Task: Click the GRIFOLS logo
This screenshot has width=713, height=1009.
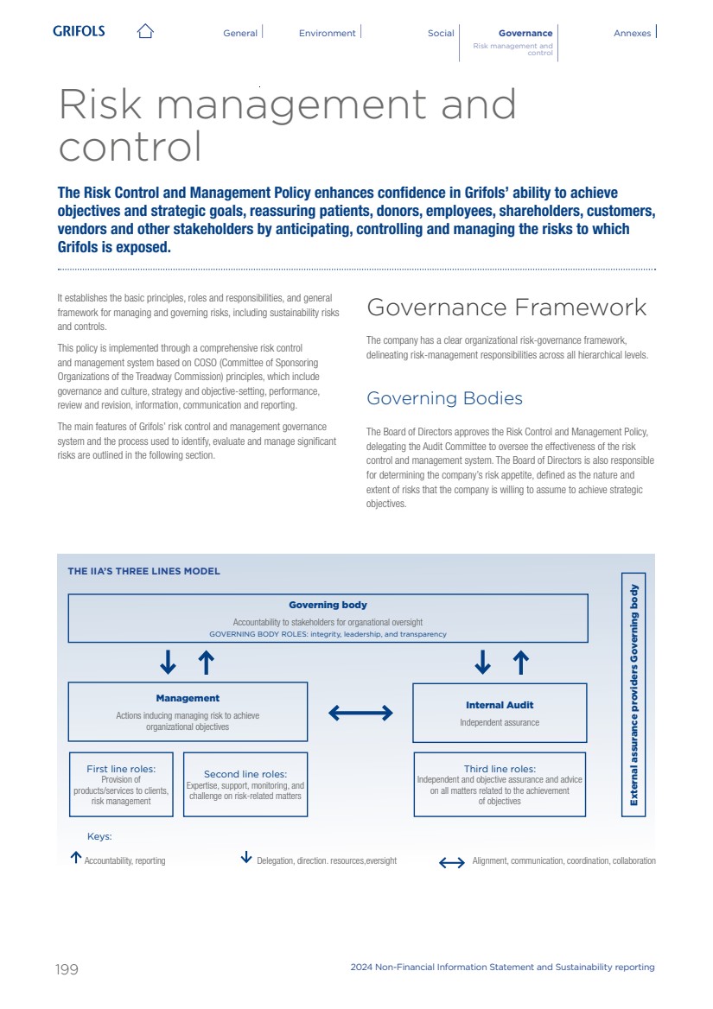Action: [x=79, y=31]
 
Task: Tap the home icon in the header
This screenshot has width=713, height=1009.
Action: [x=145, y=31]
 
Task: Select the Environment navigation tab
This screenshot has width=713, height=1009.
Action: [x=327, y=33]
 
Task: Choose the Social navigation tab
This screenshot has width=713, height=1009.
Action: [x=441, y=33]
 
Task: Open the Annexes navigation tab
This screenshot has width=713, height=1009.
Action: [x=632, y=33]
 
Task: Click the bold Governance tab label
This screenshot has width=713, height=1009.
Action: [x=525, y=33]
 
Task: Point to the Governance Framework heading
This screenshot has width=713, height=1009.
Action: [x=506, y=308]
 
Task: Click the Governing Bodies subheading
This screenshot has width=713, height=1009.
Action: [x=444, y=398]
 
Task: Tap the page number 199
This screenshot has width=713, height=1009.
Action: [x=67, y=969]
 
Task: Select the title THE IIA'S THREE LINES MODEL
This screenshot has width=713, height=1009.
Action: [x=143, y=571]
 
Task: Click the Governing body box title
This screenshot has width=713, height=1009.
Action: [x=328, y=605]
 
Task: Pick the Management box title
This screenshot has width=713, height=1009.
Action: [x=188, y=698]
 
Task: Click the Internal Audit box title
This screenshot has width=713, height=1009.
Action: [x=500, y=705]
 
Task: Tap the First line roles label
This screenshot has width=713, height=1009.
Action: [x=121, y=768]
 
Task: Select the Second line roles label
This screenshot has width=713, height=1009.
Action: [x=245, y=774]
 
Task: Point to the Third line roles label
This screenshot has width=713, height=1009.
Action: [x=500, y=768]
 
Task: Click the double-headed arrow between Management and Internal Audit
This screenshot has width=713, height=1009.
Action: [x=360, y=713]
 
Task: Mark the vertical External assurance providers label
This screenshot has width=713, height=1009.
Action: [x=633, y=695]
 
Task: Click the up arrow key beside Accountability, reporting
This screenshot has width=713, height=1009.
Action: [x=76, y=858]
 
